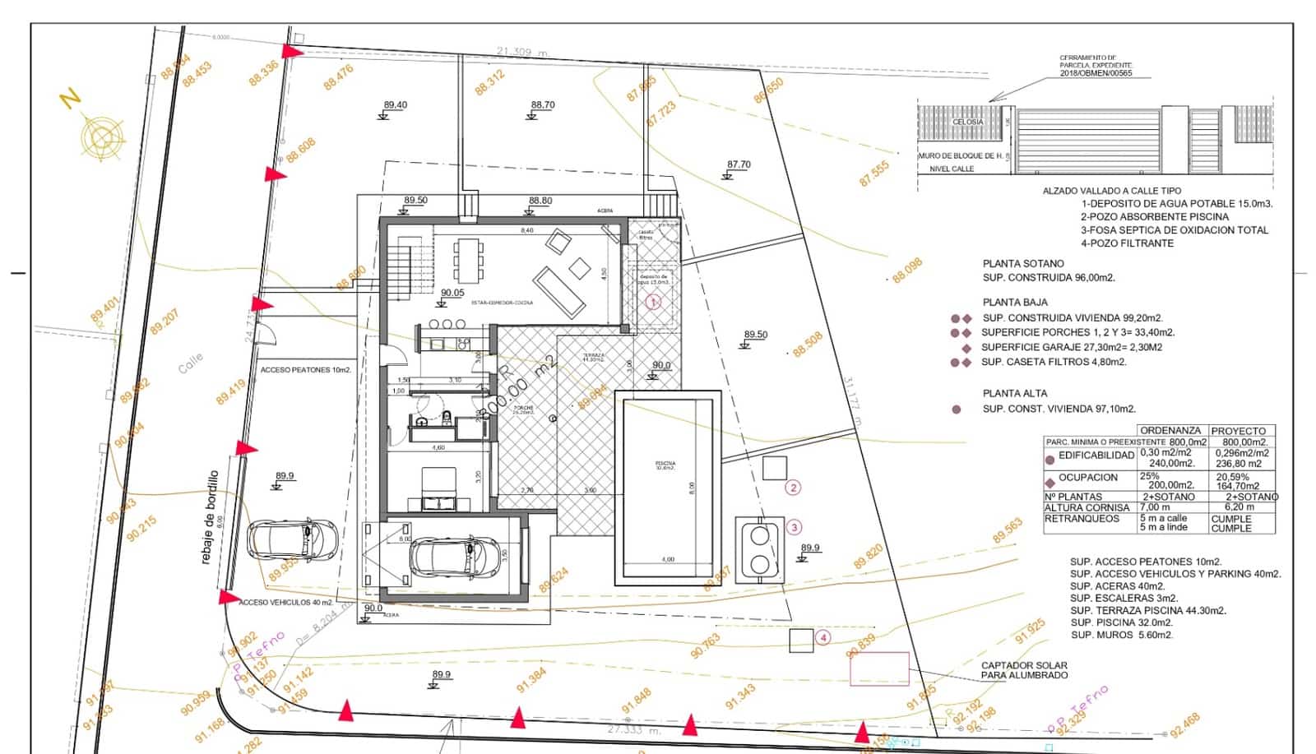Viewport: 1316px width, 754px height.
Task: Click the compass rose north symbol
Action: [x=101, y=136]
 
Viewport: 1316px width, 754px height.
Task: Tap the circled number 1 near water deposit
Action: [x=653, y=302]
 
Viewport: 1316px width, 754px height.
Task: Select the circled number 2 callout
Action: [x=793, y=488]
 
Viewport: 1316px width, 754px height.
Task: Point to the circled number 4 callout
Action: [x=822, y=637]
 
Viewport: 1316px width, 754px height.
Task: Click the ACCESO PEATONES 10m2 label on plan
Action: [x=306, y=370]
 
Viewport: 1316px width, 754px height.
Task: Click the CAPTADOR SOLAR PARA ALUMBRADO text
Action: [x=1024, y=670]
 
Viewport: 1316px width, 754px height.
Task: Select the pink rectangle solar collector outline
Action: [x=879, y=668]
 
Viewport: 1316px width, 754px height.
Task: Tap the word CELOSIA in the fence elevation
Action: [x=967, y=122]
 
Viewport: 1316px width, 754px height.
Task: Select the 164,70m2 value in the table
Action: [x=1242, y=486]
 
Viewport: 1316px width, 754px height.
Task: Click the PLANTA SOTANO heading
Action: [x=1023, y=264]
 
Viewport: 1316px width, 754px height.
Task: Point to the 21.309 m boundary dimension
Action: [x=521, y=53]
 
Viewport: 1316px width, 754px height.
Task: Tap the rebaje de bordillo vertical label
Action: [x=212, y=517]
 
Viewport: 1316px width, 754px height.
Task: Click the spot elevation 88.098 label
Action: [x=907, y=271]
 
